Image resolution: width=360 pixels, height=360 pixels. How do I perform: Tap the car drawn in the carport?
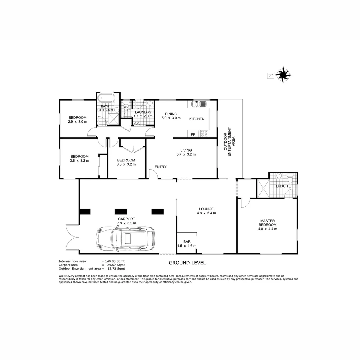coord(125,239)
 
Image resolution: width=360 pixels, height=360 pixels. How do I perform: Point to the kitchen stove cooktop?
coord(204,134)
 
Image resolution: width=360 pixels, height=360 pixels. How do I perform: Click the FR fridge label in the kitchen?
coord(193,135)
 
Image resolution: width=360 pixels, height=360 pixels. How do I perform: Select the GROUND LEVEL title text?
coord(187,263)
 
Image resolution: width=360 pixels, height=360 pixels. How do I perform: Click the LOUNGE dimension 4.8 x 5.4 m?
coord(207,213)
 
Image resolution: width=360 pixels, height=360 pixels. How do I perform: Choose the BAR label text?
coord(187,242)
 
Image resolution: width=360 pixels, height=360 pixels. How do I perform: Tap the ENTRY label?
coord(160,167)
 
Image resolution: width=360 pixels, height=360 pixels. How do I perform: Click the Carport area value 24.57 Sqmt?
coord(114,265)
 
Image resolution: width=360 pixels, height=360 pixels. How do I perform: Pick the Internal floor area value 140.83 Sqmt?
coord(114,261)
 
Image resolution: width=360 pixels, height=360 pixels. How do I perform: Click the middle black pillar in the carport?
coord(121,211)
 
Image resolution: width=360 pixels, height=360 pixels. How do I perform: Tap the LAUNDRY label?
coord(143,112)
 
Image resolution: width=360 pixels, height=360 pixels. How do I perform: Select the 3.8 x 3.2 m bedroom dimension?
coord(79,161)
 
